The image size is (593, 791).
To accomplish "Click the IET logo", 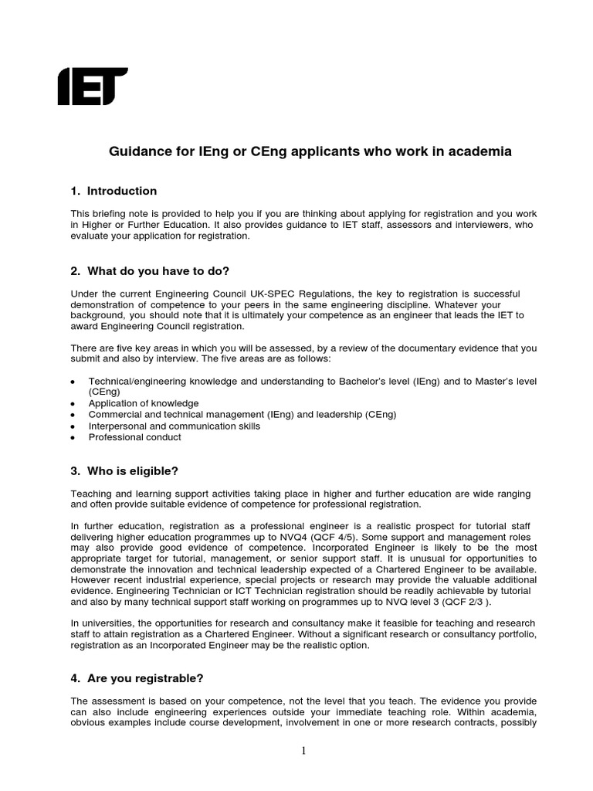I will (93, 86).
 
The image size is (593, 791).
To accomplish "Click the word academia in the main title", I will (480, 152).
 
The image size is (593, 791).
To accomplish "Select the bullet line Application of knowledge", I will (144, 403).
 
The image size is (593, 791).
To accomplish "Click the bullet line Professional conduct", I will (135, 437).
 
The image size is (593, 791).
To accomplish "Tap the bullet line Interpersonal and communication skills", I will (175, 426).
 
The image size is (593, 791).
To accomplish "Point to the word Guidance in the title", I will (135, 152).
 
